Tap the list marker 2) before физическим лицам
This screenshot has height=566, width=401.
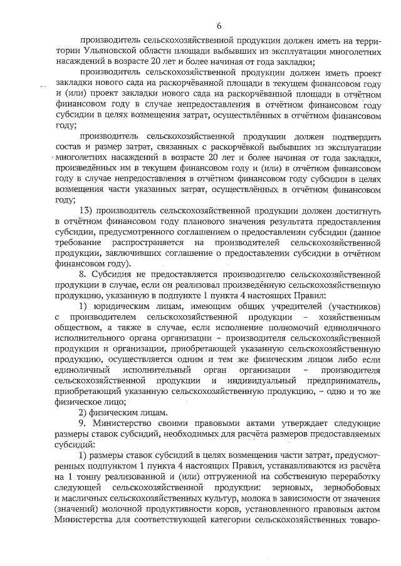tap(84, 412)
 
